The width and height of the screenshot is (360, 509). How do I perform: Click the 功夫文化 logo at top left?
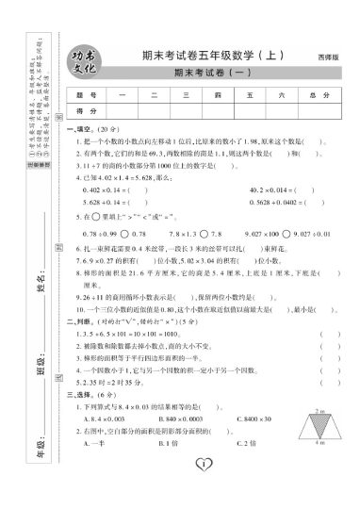point(87,64)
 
